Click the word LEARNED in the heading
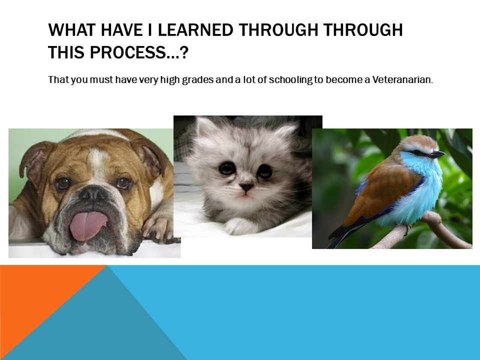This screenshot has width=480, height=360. (194, 30)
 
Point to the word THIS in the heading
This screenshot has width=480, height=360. (66, 52)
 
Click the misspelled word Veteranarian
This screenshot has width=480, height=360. (402, 79)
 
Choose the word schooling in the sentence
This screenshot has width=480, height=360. (290, 80)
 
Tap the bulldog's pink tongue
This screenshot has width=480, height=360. (87, 225)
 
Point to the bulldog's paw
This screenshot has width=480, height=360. (158, 226)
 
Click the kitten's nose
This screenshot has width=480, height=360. (246, 186)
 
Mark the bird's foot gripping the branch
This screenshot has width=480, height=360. (408, 228)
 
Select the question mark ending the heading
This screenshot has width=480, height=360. (183, 52)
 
